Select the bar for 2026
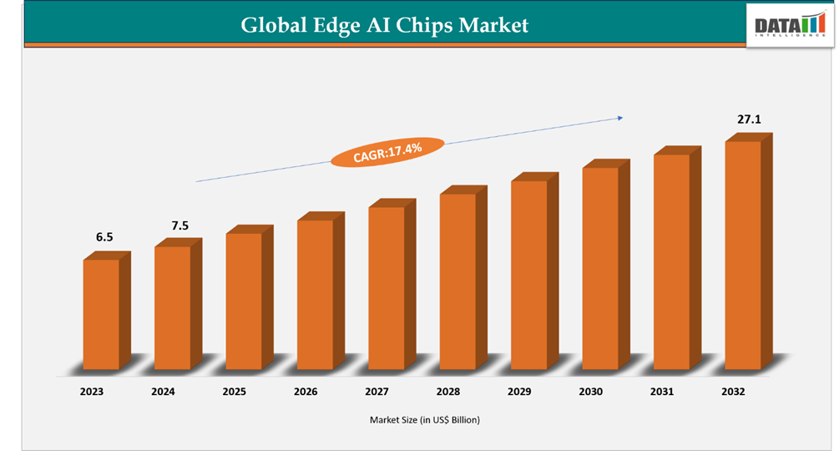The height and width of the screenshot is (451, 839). tap(315, 294)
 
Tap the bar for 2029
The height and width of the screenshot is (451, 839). tap(529, 275)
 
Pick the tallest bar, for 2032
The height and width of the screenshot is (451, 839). tap(743, 255)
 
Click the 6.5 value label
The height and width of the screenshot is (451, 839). tap(104, 237)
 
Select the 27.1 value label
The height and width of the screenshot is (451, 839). tap(748, 120)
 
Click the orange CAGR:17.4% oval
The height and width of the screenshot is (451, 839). tap(387, 152)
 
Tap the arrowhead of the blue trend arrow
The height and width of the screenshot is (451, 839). tap(619, 118)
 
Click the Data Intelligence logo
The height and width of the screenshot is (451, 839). tap(789, 26)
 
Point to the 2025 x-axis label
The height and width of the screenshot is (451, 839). tap(235, 390)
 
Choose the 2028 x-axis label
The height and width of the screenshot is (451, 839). tap(449, 390)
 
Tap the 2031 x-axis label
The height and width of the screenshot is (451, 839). tap(663, 390)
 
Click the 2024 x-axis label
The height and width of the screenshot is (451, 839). tap(164, 390)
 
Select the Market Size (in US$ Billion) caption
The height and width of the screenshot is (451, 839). tap(425, 420)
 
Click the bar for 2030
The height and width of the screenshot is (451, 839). tap(600, 268)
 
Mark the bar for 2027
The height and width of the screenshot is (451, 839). tap(387, 287)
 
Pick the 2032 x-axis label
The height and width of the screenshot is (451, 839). tap(733, 390)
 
